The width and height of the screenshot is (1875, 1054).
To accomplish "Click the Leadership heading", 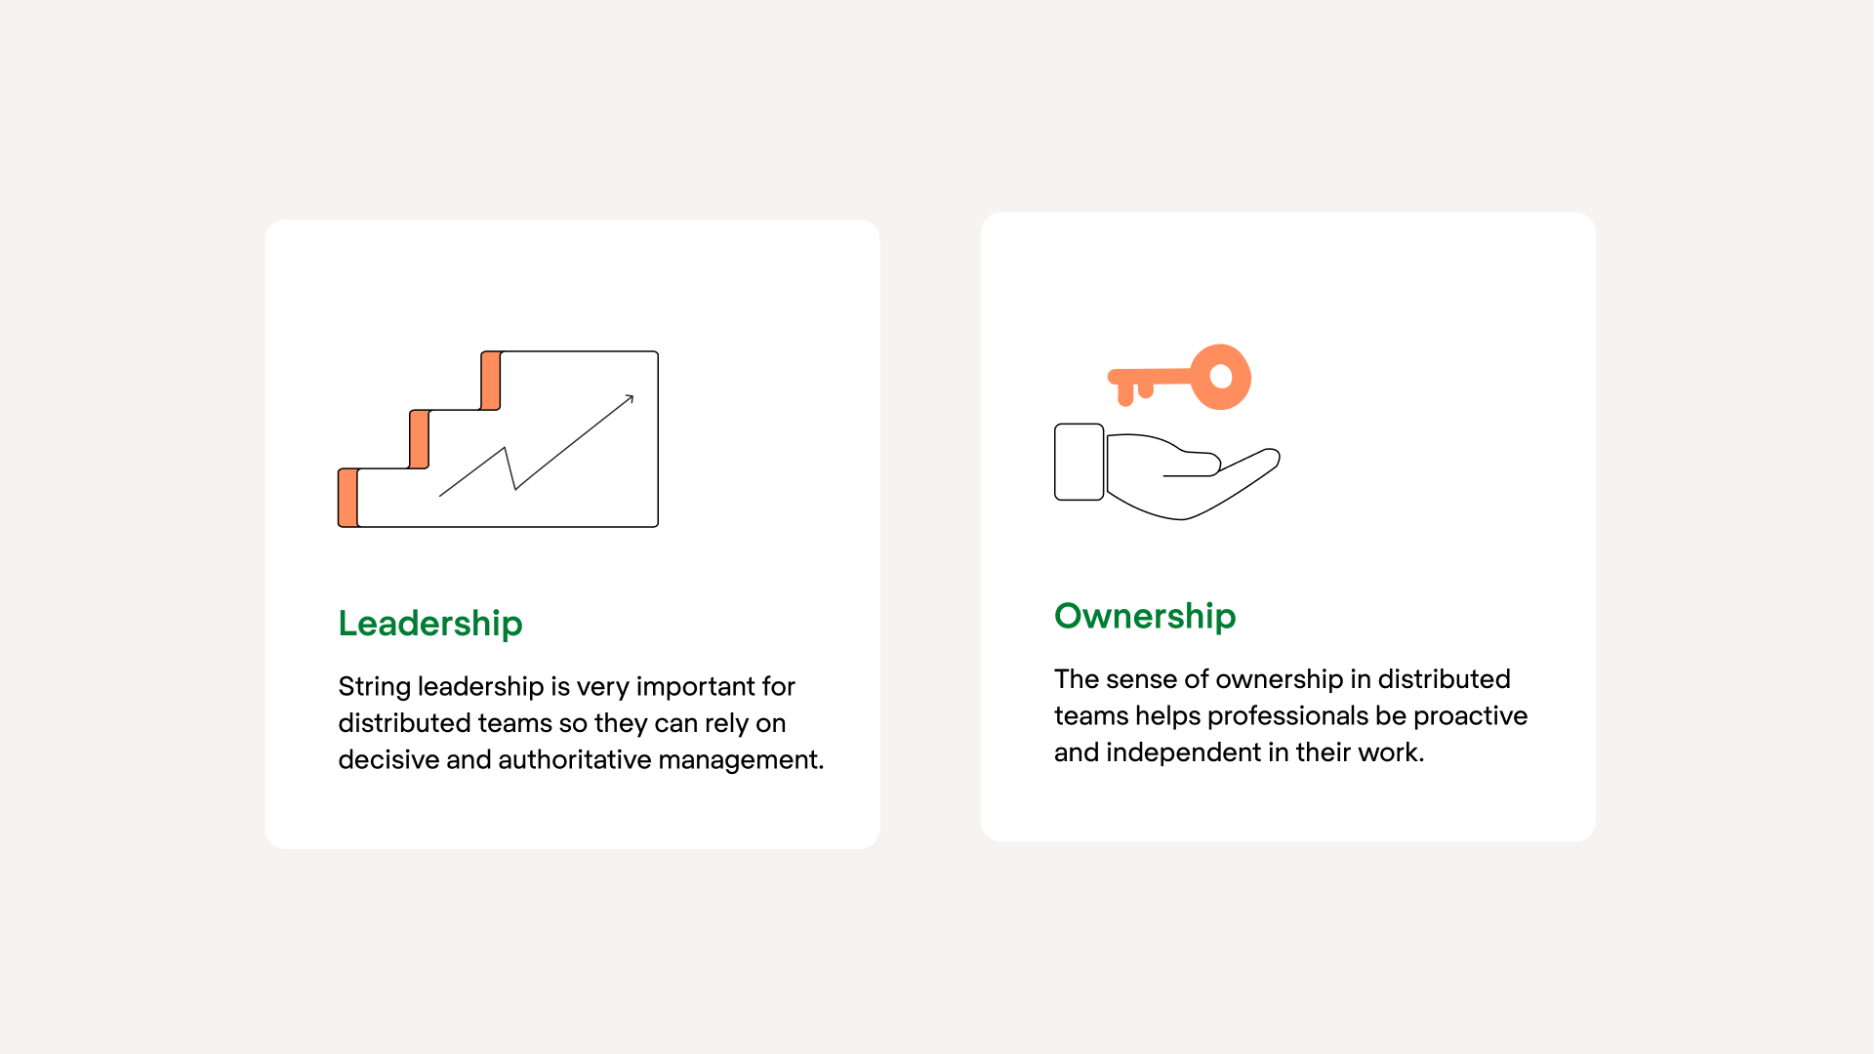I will click(x=430, y=624).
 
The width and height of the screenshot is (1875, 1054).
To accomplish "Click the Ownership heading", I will click(x=1145, y=616).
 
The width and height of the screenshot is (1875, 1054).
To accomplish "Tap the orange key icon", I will click(x=1181, y=377).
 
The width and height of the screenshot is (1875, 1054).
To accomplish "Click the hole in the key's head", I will click(x=1220, y=377).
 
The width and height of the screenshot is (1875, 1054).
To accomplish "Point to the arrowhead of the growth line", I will click(x=630, y=398).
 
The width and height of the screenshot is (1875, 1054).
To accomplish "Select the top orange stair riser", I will click(x=491, y=381).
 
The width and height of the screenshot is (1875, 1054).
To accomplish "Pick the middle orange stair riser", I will click(x=419, y=439).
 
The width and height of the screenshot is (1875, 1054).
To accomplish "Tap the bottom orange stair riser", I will click(x=347, y=498).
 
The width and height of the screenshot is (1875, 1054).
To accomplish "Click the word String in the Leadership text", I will click(x=374, y=687).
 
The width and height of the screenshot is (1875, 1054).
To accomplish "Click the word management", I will click(x=740, y=760).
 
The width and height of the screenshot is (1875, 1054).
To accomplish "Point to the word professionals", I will click(x=1287, y=716).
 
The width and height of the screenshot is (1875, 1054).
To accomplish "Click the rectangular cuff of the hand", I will click(x=1079, y=462).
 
